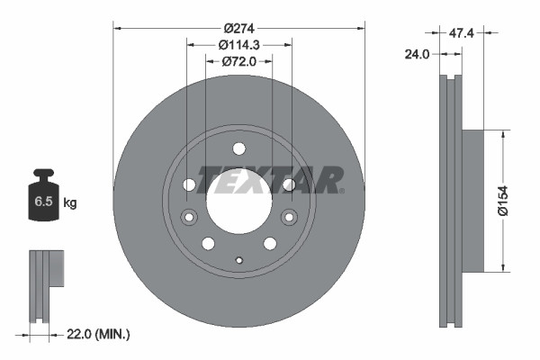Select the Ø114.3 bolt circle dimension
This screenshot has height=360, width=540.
(x=238, y=43)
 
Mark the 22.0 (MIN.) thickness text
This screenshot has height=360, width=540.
(x=98, y=334)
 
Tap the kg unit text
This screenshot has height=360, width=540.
(x=70, y=202)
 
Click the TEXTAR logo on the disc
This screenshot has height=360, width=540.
(x=269, y=179)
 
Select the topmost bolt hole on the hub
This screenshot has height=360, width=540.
(x=238, y=149)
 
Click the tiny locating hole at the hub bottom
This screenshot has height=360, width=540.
(x=238, y=261)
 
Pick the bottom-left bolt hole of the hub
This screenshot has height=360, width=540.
(x=208, y=243)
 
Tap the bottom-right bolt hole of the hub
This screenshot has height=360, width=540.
(x=269, y=243)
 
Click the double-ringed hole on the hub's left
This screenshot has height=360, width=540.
(x=189, y=217)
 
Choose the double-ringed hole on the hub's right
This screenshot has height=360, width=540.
(x=288, y=217)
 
